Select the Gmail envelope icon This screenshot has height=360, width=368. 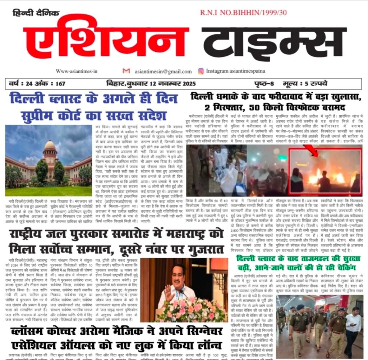tap(126, 71)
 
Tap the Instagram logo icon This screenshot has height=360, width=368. tap(201, 71)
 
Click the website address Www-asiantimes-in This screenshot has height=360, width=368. tap(77, 71)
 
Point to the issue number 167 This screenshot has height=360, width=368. tap(60, 84)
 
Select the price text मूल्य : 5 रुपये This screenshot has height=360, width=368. tap(305, 84)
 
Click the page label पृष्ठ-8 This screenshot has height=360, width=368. tap(263, 84)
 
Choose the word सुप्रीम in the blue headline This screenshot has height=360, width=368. tap(35, 116)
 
